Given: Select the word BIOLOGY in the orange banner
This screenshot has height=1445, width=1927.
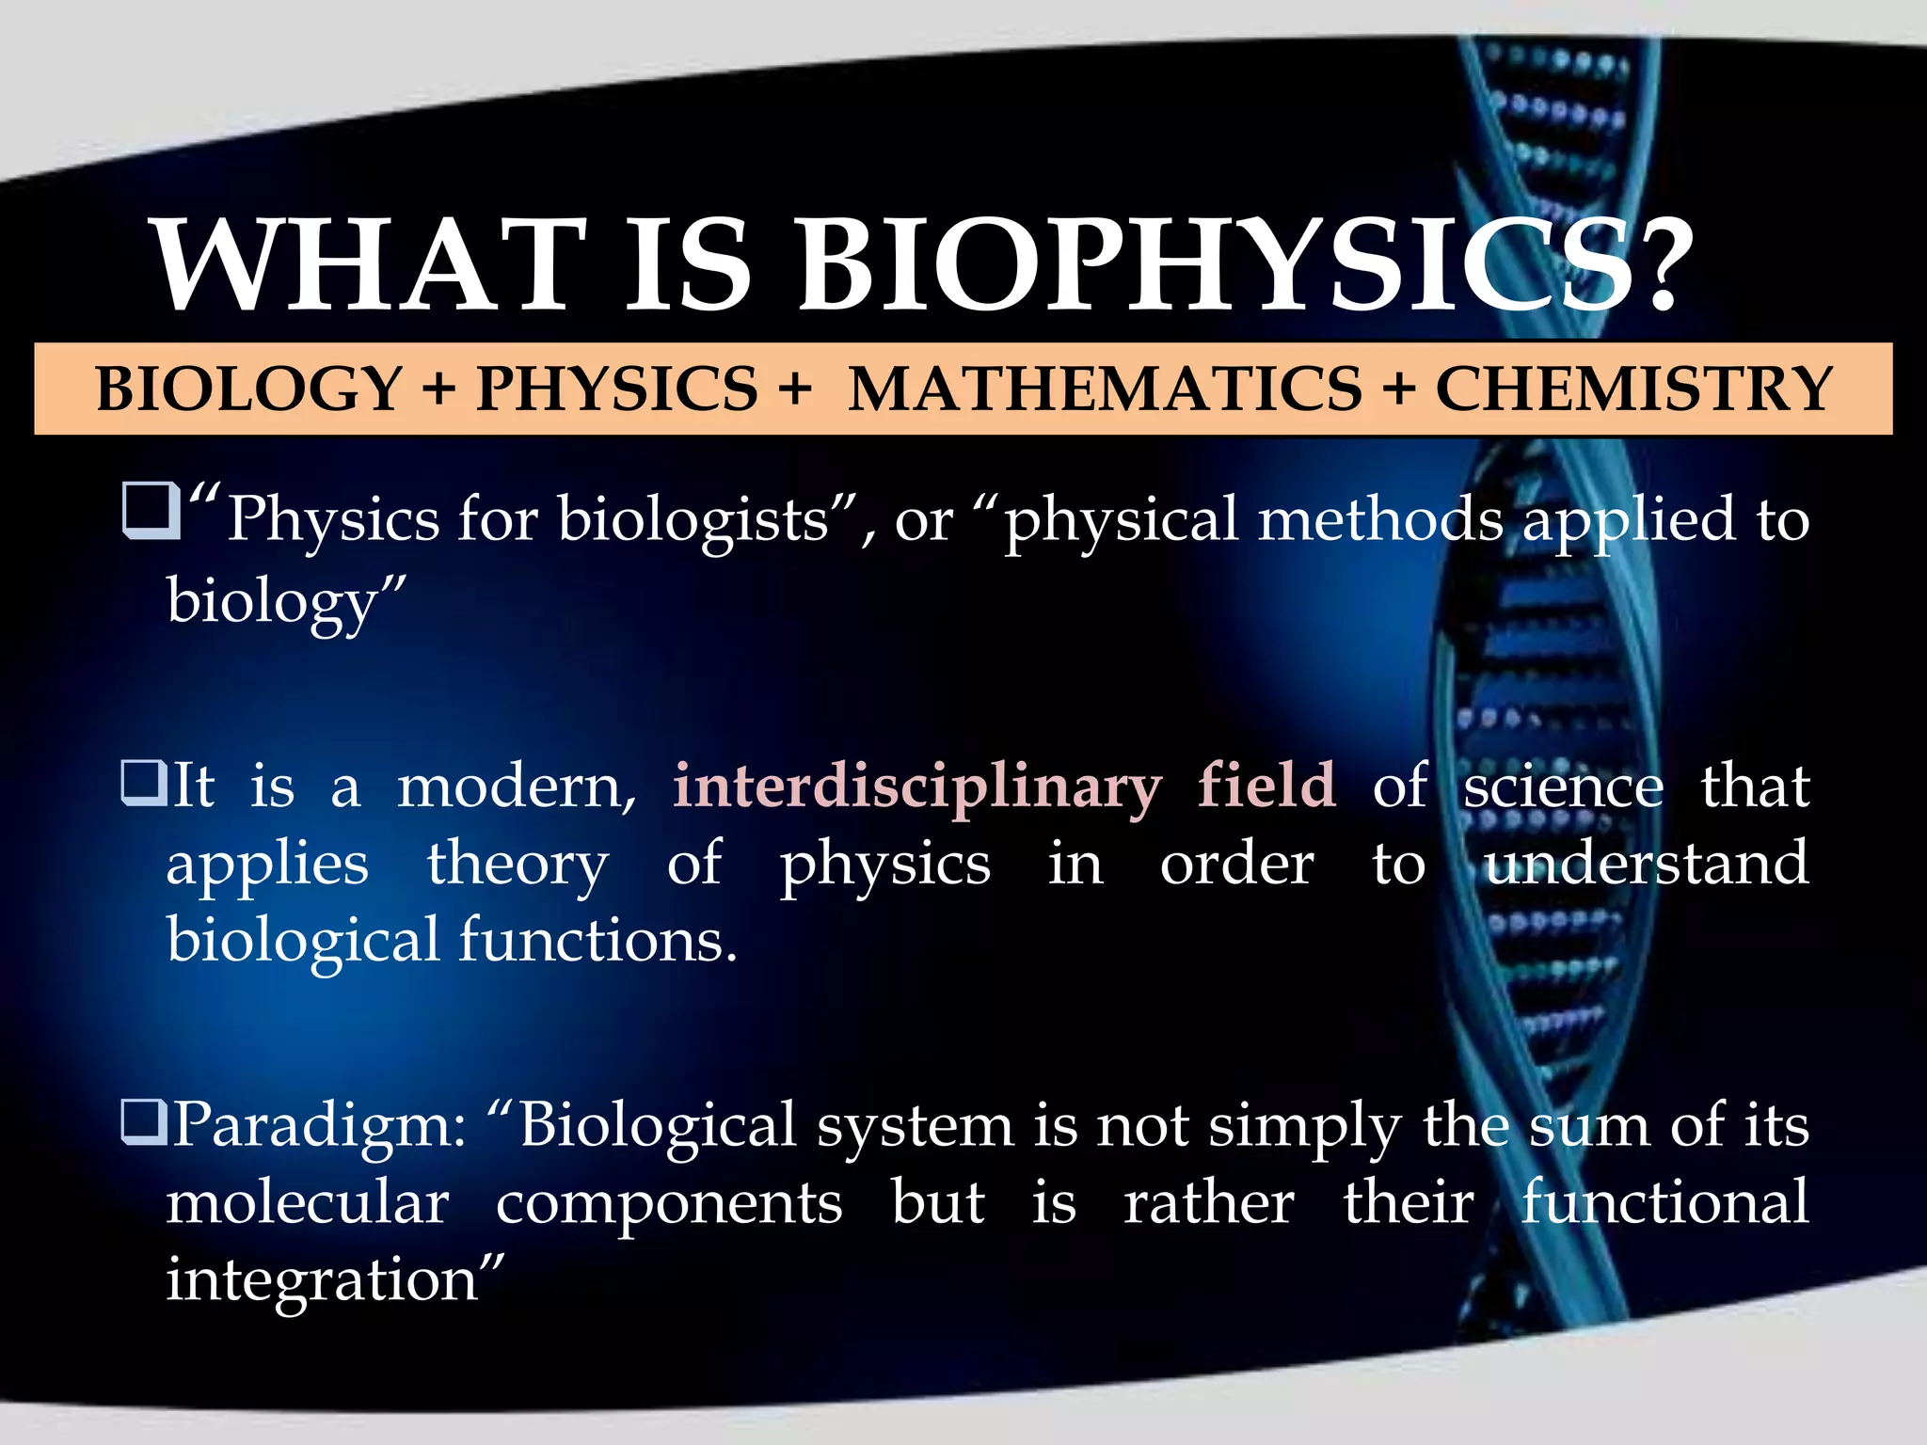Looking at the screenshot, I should pos(249,389).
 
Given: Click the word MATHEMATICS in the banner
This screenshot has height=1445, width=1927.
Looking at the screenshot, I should pos(1105,389).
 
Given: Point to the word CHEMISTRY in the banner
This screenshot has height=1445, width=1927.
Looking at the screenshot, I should pos(1634,389).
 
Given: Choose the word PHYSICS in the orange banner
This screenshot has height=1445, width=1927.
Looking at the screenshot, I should pos(616,389).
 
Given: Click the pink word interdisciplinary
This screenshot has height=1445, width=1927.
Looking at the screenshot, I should pos(917,786).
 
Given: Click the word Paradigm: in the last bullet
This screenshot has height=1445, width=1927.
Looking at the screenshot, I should pos(320,1126).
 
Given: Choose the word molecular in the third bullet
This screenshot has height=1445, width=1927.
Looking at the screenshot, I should pos(308,1203).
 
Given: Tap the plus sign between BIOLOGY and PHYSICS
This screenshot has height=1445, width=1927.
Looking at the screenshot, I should pos(438,389).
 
